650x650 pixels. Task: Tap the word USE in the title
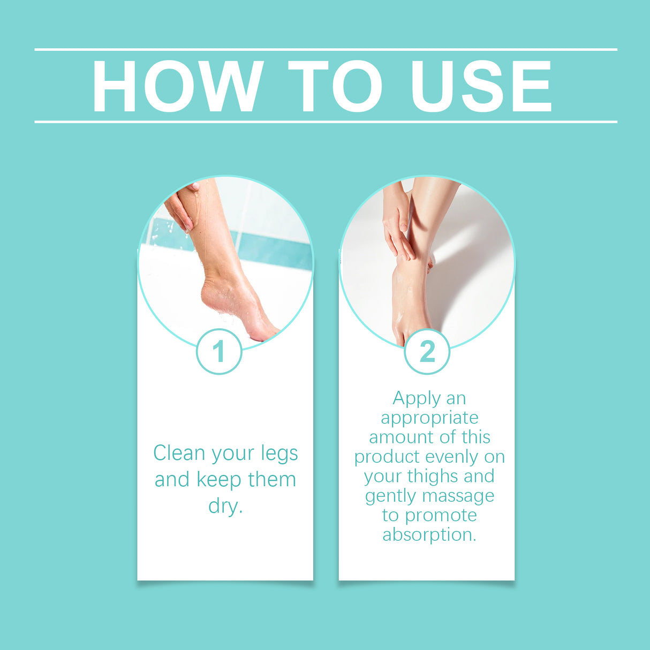480,86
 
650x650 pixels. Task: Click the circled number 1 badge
219,352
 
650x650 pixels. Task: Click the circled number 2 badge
427,352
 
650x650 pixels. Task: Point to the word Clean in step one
179,453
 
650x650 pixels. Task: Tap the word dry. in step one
225,506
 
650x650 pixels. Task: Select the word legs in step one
279,454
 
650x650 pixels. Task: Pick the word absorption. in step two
429,534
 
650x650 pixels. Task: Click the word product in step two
387,457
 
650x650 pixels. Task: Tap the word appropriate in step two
429,418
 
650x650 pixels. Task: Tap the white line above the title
326,49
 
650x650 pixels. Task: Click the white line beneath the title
326,122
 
